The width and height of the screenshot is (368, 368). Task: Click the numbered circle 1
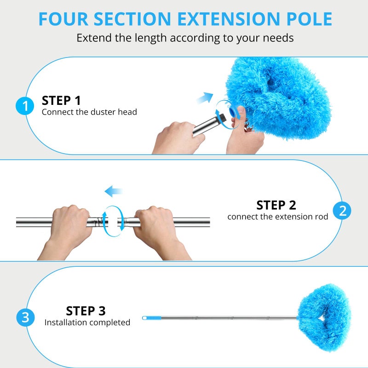(x=25, y=106)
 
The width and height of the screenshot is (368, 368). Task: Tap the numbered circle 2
(x=343, y=211)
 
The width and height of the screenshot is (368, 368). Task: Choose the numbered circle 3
(x=25, y=317)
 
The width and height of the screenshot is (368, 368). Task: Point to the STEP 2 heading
(x=276, y=205)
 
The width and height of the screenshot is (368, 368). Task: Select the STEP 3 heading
(x=86, y=310)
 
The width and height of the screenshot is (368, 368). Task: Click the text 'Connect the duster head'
(x=89, y=112)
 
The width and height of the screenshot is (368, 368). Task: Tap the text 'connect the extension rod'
(x=277, y=216)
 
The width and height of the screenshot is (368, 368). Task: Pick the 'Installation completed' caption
(x=87, y=322)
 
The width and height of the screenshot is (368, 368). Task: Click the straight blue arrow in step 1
(x=205, y=98)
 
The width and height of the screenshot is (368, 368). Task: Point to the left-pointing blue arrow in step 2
(x=113, y=191)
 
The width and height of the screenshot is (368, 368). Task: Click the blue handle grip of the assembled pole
(x=154, y=318)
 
